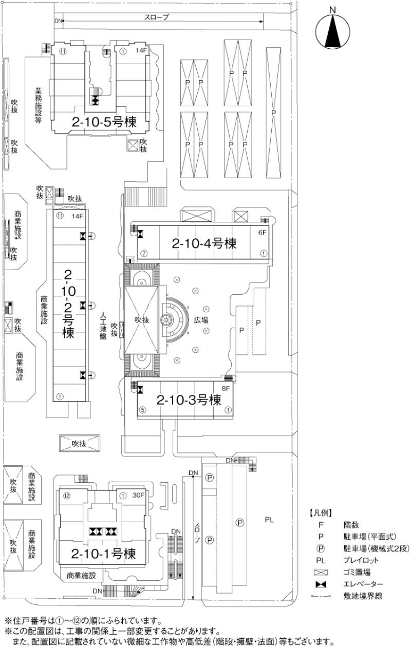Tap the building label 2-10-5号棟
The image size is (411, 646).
103,123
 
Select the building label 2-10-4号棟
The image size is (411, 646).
204,243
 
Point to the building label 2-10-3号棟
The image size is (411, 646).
189,400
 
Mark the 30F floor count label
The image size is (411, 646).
138,496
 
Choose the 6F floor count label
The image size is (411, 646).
263,232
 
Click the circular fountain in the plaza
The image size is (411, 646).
167,320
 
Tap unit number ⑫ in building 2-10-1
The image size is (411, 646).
66,496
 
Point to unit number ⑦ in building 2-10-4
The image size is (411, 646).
144,253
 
